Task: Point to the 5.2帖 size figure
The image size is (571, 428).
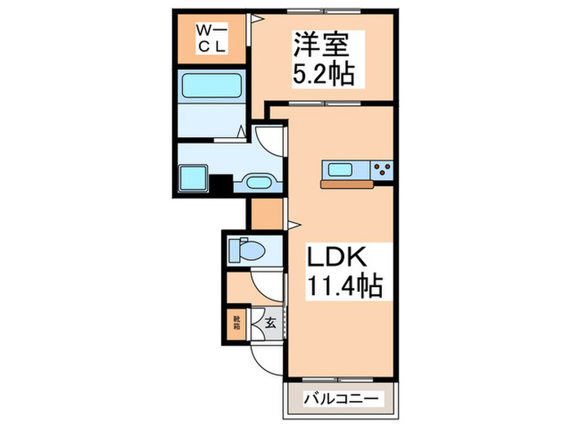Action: [x=324, y=75]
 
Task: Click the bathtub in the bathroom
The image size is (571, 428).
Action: [x=207, y=85]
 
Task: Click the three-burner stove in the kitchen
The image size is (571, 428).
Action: [x=381, y=170]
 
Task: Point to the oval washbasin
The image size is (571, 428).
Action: [x=259, y=182]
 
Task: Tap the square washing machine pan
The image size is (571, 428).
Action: [x=193, y=176]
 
